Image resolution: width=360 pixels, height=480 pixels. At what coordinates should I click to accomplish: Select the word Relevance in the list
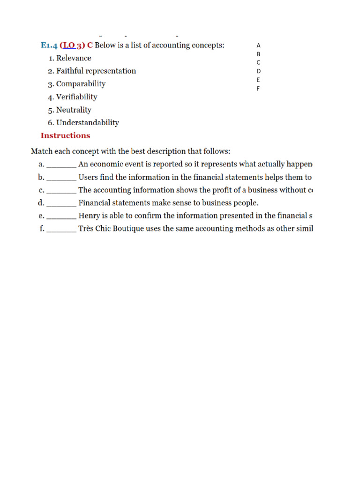pyautogui.click(x=74, y=58)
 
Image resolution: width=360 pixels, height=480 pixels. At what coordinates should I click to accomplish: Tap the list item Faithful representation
pyautogui.click(x=96, y=71)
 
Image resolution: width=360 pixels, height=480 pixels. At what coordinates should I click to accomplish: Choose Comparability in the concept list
pyautogui.click(x=81, y=84)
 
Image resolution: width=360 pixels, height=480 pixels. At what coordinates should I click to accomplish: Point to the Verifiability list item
pyautogui.click(x=77, y=97)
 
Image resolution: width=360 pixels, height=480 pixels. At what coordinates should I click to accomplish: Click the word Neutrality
pyautogui.click(x=74, y=110)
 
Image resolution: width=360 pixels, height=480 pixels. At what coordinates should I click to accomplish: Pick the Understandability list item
pyautogui.click(x=88, y=123)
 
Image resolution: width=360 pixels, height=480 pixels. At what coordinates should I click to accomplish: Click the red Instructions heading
pyautogui.click(x=65, y=136)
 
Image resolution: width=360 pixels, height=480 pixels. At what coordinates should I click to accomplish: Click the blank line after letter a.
pyautogui.click(x=61, y=165)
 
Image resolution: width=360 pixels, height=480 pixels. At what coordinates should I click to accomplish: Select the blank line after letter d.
pyautogui.click(x=61, y=203)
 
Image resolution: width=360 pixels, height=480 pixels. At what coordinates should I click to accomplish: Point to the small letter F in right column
pyautogui.click(x=258, y=89)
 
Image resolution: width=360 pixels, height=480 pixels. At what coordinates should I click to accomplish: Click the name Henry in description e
pyautogui.click(x=89, y=216)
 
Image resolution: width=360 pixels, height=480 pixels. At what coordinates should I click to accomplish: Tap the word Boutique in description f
pyautogui.click(x=127, y=229)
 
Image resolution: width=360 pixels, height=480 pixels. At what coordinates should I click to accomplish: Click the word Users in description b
pyautogui.click(x=88, y=178)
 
